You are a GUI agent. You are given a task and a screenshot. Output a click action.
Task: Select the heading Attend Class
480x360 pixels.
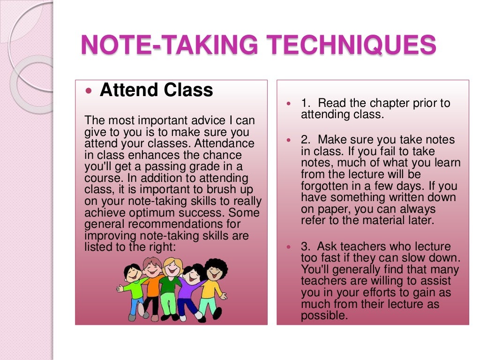coord(157,90)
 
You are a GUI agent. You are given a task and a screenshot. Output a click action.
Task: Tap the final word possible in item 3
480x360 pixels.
coord(324,315)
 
